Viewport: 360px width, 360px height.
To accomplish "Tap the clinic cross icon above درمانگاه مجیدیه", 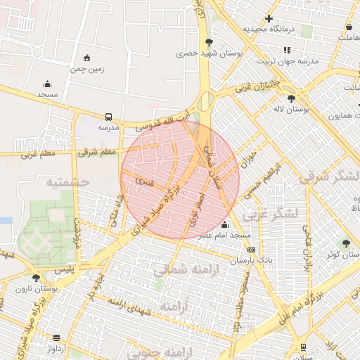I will coord(269,18).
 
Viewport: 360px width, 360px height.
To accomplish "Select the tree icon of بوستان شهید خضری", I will coord(208,43).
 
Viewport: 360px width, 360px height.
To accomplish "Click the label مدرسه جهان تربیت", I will coord(287,60).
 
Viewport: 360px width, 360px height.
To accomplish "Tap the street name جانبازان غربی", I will coord(257,86).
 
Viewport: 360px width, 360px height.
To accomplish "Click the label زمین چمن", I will coord(87,68).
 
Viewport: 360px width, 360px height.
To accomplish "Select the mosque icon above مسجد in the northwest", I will coord(47,84).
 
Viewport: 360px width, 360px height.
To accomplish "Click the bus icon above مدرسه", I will coord(108,117).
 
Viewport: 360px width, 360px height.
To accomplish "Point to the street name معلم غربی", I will coord(37,153).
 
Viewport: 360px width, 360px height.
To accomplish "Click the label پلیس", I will coord(64,269).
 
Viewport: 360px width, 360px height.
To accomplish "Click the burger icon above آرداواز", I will coord(56,338).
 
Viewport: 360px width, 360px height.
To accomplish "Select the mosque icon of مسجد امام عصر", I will coord(224,225).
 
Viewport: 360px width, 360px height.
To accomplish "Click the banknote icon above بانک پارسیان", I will coord(251,250).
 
